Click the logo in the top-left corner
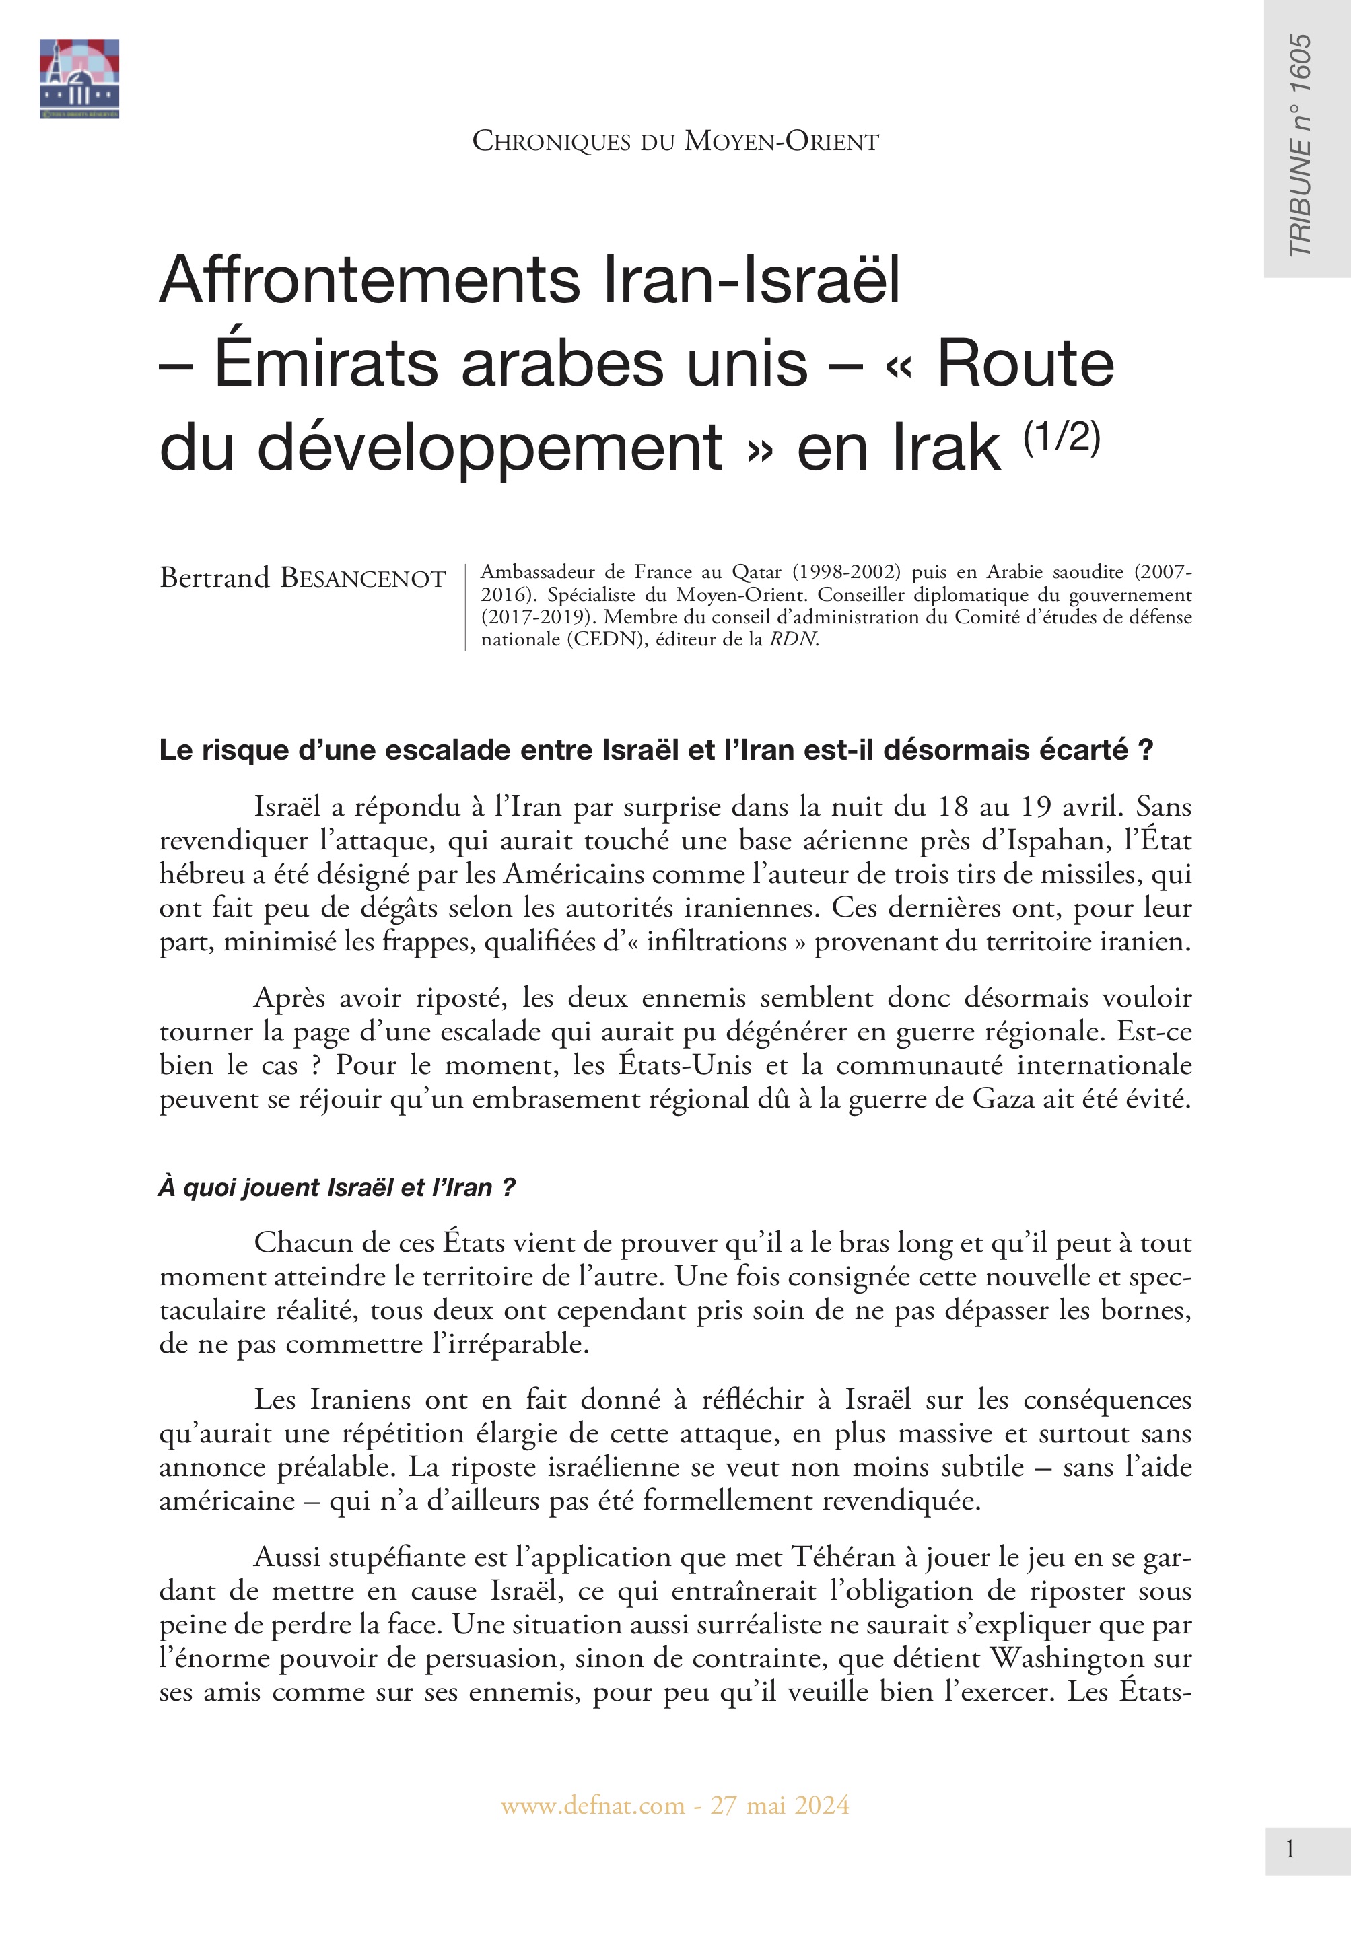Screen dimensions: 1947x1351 coord(79,78)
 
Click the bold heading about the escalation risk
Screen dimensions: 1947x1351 coord(656,750)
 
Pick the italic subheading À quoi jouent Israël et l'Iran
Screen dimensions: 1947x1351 coord(337,1188)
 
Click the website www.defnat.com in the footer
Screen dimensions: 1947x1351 coord(592,1806)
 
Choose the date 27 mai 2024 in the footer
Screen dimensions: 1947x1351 coord(780,1806)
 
